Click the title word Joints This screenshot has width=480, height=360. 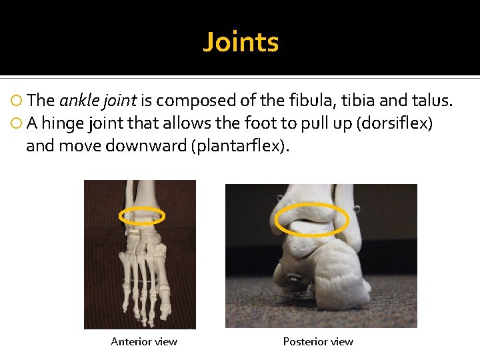(241, 42)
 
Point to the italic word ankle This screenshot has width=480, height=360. (78, 101)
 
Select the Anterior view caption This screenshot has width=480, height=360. (144, 342)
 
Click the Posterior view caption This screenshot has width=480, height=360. (318, 342)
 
